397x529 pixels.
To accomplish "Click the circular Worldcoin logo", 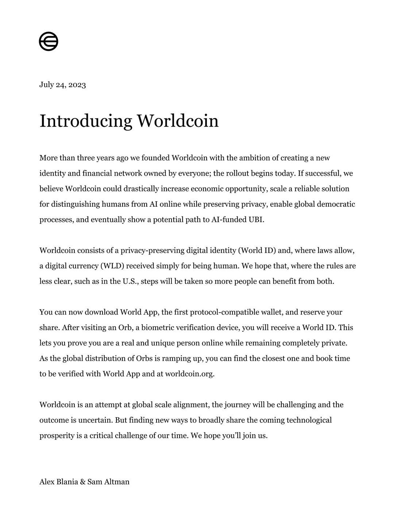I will click(x=49, y=41).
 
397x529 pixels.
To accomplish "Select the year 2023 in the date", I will click(x=77, y=85).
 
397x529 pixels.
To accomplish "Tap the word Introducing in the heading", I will click(x=86, y=121).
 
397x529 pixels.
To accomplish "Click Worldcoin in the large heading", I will click(x=178, y=121).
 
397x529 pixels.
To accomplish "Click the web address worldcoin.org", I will click(x=189, y=374).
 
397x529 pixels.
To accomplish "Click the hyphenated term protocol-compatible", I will click(x=226, y=312).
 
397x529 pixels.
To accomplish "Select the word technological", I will click(x=309, y=420).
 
